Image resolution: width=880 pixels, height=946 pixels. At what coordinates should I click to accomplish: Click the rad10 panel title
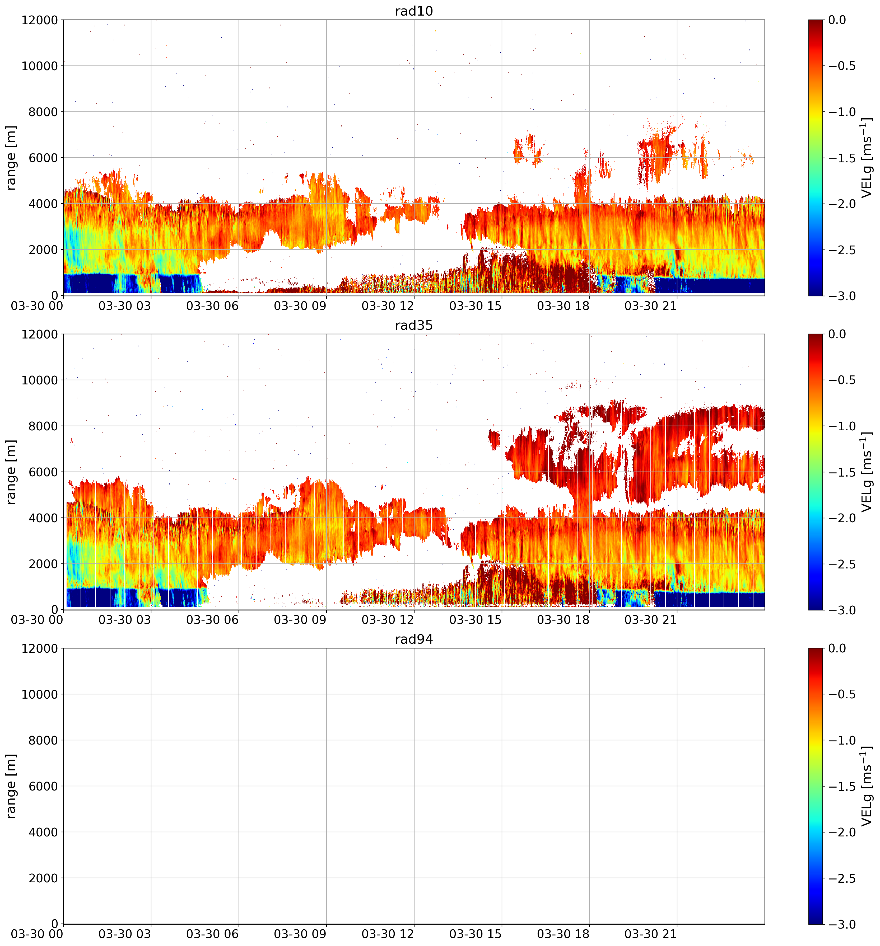(414, 11)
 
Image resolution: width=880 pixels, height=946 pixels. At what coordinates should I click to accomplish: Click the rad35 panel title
(414, 325)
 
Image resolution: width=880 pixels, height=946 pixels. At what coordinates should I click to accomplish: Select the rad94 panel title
(414, 639)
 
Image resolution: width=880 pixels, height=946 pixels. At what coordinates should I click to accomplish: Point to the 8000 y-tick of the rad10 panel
(40, 112)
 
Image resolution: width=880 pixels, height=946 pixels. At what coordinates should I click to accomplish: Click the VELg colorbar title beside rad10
(867, 158)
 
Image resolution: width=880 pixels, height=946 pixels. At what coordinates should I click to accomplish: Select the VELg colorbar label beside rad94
(867, 786)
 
